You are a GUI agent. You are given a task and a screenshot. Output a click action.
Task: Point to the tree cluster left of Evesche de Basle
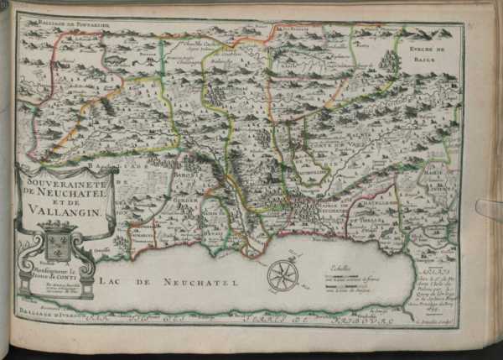tap(389, 61)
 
